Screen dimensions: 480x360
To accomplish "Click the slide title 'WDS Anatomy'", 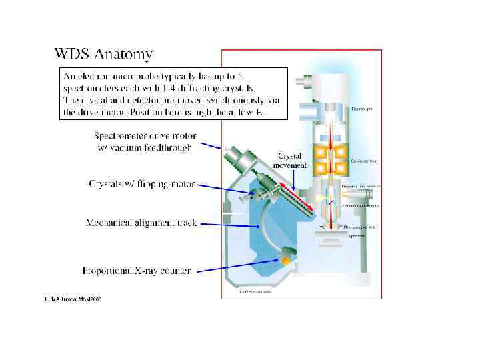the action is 103,53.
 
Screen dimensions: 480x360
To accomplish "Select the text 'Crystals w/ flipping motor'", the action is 142,183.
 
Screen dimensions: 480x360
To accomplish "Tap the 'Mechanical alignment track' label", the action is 141,223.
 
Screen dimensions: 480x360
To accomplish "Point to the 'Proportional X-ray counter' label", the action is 136,271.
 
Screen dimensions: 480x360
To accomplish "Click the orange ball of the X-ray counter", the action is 286,259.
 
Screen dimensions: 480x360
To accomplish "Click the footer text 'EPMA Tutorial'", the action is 72,299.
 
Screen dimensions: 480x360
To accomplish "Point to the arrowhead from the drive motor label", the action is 224,149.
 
